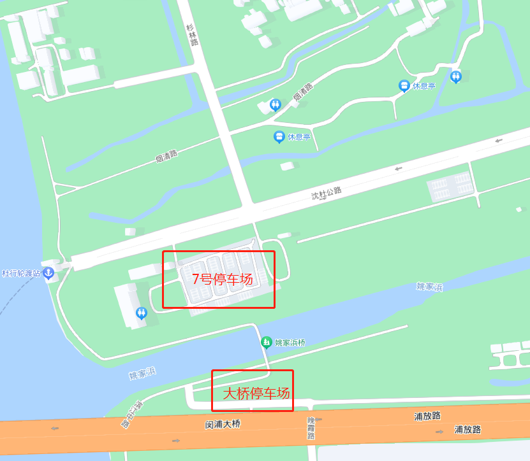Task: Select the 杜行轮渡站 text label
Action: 21,273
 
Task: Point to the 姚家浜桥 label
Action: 290,343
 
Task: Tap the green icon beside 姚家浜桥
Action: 267,343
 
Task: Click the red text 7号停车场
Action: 223,279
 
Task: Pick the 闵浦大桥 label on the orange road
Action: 223,423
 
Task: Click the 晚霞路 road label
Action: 311,429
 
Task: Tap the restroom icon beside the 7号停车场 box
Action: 142,313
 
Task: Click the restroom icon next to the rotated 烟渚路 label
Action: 275,104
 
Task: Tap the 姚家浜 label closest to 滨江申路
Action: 142,374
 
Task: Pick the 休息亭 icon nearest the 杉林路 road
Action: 279,136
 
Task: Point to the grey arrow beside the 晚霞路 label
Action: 318,419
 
